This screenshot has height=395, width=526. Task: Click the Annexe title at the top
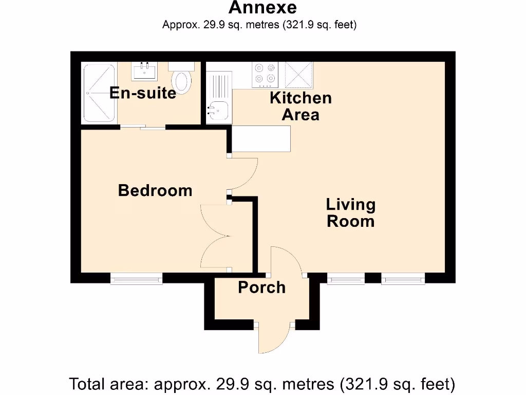coord(262,8)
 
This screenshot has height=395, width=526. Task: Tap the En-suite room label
coord(142,93)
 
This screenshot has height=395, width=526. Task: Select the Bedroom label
coord(155,191)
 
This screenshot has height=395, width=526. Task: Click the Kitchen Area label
coord(300,106)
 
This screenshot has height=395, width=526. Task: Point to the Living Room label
coord(351,213)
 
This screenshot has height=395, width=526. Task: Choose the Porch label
coord(261,288)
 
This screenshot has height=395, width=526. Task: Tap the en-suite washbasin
coord(144,70)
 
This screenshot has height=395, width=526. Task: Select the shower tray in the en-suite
coord(100,93)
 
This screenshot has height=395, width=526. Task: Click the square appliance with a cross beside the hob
coord(298,73)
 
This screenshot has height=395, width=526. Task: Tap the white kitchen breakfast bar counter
coord(261,138)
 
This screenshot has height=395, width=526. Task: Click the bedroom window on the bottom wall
coord(137,279)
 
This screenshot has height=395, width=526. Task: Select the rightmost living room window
coord(403,279)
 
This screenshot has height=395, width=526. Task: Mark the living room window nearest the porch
coord(346,279)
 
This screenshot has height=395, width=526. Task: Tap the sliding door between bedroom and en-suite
coord(143,127)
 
